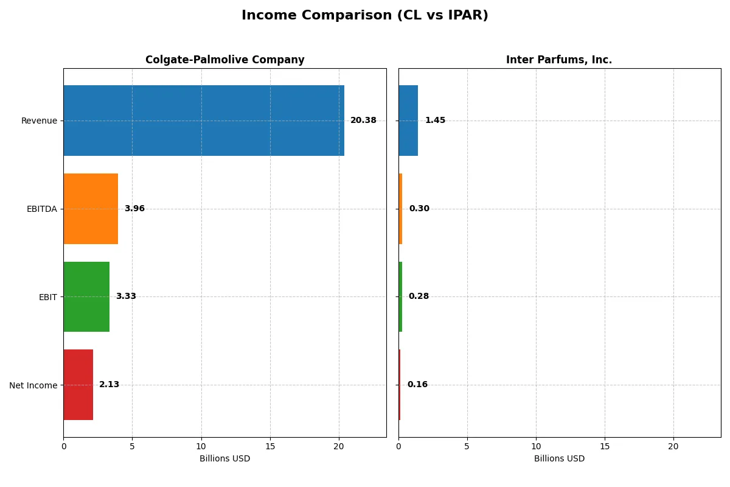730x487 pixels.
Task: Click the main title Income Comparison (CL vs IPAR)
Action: click(x=364, y=16)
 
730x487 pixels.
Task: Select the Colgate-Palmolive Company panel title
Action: click(x=224, y=60)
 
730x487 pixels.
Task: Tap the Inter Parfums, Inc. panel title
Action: click(x=558, y=60)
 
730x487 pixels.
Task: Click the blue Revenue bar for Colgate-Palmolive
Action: click(x=203, y=121)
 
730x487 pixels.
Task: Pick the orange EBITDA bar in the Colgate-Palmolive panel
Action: click(x=91, y=209)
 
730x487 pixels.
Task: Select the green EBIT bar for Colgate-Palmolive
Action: click(x=86, y=297)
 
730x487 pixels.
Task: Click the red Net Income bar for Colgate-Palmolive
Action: click(x=78, y=385)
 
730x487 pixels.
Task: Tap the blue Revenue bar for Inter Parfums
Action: click(x=408, y=121)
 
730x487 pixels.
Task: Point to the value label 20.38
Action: click(x=363, y=121)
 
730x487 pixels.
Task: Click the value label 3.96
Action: click(x=134, y=209)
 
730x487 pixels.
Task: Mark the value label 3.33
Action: click(x=126, y=296)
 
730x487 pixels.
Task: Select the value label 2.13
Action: click(x=109, y=385)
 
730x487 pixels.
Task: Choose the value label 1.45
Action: click(x=435, y=121)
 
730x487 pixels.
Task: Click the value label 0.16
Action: click(x=417, y=385)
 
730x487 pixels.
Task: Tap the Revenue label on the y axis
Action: click(x=39, y=121)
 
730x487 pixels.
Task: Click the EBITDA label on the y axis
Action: click(x=41, y=209)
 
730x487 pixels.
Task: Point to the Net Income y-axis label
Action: click(x=33, y=385)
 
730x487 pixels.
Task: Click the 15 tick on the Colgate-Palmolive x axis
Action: click(x=270, y=446)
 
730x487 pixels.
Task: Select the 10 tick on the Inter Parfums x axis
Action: click(x=536, y=446)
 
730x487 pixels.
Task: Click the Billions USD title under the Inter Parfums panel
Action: click(x=559, y=458)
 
